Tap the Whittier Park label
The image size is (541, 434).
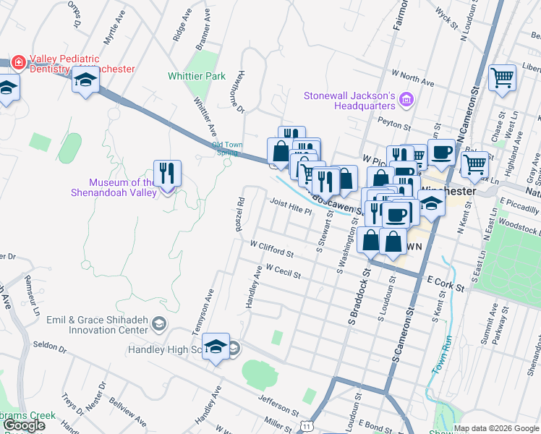(196, 76)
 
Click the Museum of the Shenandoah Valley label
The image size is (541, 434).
(113, 187)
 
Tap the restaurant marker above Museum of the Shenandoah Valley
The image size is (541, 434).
(167, 174)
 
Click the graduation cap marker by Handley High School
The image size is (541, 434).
(216, 348)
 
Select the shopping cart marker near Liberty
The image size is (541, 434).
(502, 78)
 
